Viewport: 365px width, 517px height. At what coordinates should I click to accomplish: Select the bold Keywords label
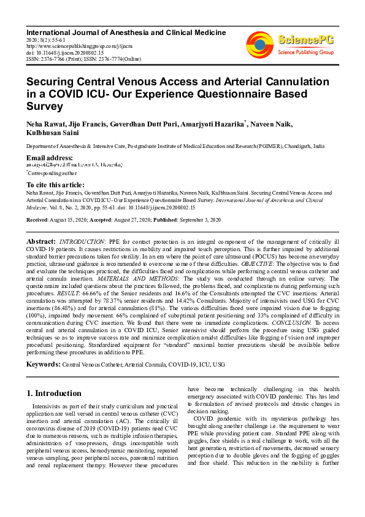[x=44, y=364]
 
